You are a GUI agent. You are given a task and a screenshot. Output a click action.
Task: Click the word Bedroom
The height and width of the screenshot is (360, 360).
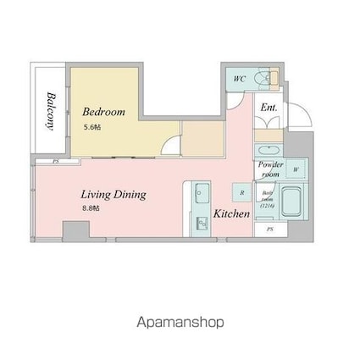tap(103, 111)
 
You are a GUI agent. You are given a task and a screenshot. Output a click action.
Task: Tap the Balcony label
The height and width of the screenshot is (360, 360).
tap(51, 110)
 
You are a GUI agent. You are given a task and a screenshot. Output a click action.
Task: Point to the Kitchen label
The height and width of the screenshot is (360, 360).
tap(231, 213)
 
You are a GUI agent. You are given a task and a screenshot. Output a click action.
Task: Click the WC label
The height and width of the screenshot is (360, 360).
tap(239, 78)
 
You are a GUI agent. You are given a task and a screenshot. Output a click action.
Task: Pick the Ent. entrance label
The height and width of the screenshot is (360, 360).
tap(269, 108)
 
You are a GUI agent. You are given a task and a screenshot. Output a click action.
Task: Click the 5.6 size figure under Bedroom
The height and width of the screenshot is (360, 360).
tap(91, 126)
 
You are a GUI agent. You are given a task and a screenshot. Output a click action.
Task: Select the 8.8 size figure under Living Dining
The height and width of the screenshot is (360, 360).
tap(90, 208)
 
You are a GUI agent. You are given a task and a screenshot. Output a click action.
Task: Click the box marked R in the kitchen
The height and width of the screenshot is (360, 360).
tap(242, 192)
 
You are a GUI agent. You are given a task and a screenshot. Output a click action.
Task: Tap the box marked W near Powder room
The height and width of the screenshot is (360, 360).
tap(296, 169)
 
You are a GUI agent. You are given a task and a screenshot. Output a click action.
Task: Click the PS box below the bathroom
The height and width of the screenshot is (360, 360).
tap(270, 229)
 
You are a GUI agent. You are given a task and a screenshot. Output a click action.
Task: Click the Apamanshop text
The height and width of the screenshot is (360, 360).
tap(180, 322)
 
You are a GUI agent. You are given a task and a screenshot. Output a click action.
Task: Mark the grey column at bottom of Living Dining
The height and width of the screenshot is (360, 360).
tap(75, 230)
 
